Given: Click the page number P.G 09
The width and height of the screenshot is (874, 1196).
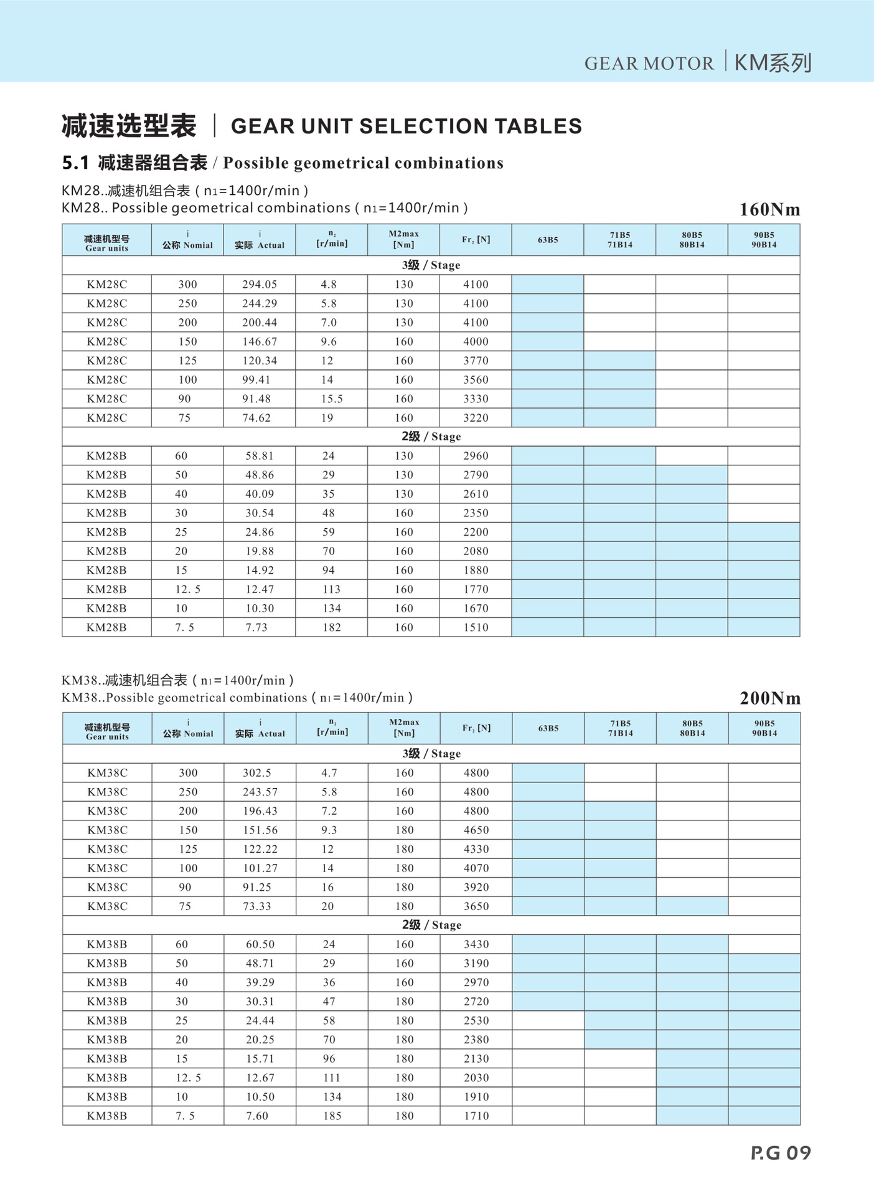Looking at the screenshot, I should (x=781, y=1152).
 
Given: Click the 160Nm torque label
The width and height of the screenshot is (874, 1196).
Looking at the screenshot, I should (x=769, y=209).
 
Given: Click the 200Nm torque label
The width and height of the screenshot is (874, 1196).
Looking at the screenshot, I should (x=770, y=698).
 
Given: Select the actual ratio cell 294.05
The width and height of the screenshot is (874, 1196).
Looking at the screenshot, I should (x=260, y=284).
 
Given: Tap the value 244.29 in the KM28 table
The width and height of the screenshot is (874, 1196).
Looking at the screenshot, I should (x=260, y=303).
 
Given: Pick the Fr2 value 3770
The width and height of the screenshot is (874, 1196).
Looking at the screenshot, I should (x=476, y=361).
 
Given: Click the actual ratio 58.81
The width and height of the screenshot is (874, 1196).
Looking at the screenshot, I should (x=260, y=456).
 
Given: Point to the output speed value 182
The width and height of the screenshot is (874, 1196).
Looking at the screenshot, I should (x=331, y=627).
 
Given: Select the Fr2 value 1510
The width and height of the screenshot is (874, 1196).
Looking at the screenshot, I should (x=476, y=627).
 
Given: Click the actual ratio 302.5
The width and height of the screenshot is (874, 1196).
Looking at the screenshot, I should (x=257, y=772).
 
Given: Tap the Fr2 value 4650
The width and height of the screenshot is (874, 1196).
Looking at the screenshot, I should (x=476, y=830).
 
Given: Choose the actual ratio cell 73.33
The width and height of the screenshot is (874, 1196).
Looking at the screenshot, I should (x=257, y=906).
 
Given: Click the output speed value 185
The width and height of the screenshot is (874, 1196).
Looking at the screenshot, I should (x=332, y=1116).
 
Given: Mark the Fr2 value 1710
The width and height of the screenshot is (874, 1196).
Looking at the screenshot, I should (x=476, y=1116).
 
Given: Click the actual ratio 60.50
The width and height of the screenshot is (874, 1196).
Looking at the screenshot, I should (x=260, y=944).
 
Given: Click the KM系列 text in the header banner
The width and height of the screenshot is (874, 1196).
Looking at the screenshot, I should (x=773, y=63).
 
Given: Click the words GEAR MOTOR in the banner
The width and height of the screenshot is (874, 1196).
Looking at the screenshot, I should (x=649, y=64).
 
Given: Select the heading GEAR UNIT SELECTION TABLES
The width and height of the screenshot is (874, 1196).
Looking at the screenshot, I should (x=406, y=126).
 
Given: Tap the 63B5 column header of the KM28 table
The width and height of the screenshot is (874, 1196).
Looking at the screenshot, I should (x=548, y=240).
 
